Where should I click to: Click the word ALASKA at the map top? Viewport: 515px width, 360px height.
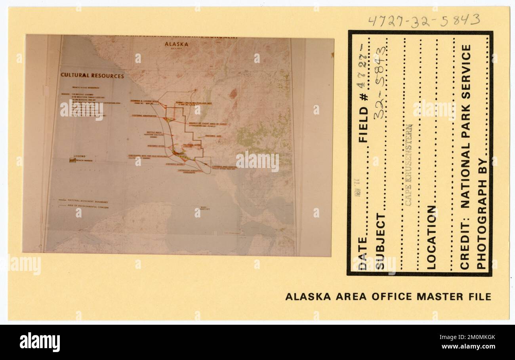pos(177,44)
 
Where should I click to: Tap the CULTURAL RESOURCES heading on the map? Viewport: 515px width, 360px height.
pos(92,76)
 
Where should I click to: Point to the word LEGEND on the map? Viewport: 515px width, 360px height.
pos(79,156)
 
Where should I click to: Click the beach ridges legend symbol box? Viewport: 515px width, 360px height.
pos(72,161)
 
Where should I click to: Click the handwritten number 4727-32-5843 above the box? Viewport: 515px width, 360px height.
pos(424,20)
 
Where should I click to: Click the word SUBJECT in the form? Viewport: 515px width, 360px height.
pos(380,241)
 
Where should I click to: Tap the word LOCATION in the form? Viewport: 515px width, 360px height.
pos(431,237)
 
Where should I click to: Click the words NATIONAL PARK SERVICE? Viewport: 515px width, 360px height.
pos(466,126)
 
